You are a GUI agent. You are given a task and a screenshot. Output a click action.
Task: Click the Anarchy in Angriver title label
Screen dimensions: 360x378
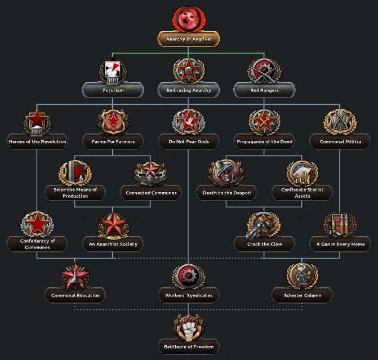point(189,39)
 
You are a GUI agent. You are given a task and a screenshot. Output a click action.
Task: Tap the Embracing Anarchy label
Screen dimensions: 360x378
point(189,90)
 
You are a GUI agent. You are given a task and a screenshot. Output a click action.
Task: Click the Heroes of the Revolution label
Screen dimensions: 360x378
point(38,141)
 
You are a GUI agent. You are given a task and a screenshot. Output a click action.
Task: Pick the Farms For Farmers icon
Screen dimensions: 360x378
point(113,122)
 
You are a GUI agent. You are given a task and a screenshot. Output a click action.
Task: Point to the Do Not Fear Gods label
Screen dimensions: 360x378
point(189,141)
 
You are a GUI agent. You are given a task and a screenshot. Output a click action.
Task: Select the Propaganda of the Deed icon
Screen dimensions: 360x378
point(264,122)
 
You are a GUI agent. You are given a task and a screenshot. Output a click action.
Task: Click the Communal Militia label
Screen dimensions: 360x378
point(340,141)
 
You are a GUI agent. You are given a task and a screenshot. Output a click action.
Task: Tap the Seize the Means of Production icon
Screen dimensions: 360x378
point(75,172)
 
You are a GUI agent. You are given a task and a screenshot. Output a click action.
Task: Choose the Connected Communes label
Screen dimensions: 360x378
point(150,193)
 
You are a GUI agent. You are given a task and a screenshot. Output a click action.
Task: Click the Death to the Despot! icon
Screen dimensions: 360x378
point(226,172)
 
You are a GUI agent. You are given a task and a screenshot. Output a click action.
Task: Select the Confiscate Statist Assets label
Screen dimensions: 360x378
point(302,193)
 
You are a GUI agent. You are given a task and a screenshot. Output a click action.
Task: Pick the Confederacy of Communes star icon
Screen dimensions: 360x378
point(38,224)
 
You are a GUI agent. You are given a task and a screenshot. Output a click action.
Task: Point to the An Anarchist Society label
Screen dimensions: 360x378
point(113,244)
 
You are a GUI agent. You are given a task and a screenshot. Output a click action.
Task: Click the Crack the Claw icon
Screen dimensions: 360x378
point(264,224)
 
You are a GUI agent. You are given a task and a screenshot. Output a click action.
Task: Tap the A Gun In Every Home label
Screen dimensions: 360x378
point(340,244)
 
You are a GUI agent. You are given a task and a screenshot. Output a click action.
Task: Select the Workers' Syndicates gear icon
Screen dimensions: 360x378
point(189,275)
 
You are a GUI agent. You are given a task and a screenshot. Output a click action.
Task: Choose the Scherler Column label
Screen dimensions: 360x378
point(302,295)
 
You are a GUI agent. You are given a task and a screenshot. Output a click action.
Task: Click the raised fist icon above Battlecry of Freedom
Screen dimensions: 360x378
point(189,327)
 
